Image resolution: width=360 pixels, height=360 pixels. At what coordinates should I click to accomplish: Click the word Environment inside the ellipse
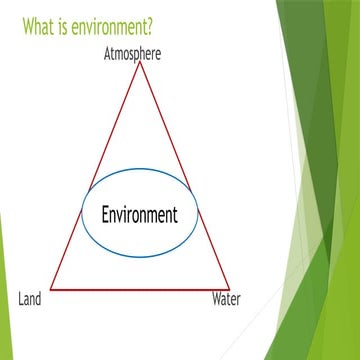[139, 214]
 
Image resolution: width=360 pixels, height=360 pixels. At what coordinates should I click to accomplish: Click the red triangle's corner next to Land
[49, 288]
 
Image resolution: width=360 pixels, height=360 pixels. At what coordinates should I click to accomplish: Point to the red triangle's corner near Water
[229, 288]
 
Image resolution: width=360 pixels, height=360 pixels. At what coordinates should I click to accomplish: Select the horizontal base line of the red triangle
[139, 288]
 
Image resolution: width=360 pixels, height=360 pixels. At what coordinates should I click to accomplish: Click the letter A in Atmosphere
[108, 53]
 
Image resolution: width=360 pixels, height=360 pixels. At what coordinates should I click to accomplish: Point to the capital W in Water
[215, 298]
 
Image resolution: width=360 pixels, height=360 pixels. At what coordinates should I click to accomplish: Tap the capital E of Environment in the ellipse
[105, 214]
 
